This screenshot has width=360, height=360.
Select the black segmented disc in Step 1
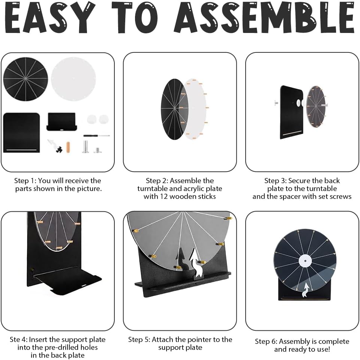click(x=25, y=79)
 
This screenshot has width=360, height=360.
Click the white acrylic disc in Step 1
click(x=73, y=79)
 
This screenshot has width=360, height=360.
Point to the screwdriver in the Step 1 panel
click(x=96, y=136)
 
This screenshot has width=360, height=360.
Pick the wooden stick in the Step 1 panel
click(x=68, y=147)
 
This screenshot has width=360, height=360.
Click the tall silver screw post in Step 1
click(x=85, y=147)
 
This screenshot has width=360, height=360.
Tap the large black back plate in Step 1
click(x=22, y=133)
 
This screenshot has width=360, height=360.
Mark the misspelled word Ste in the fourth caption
click(x=14, y=339)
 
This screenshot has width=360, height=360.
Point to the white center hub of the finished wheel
click(x=305, y=261)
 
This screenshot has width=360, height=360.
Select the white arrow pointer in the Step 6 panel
click(x=306, y=290)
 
